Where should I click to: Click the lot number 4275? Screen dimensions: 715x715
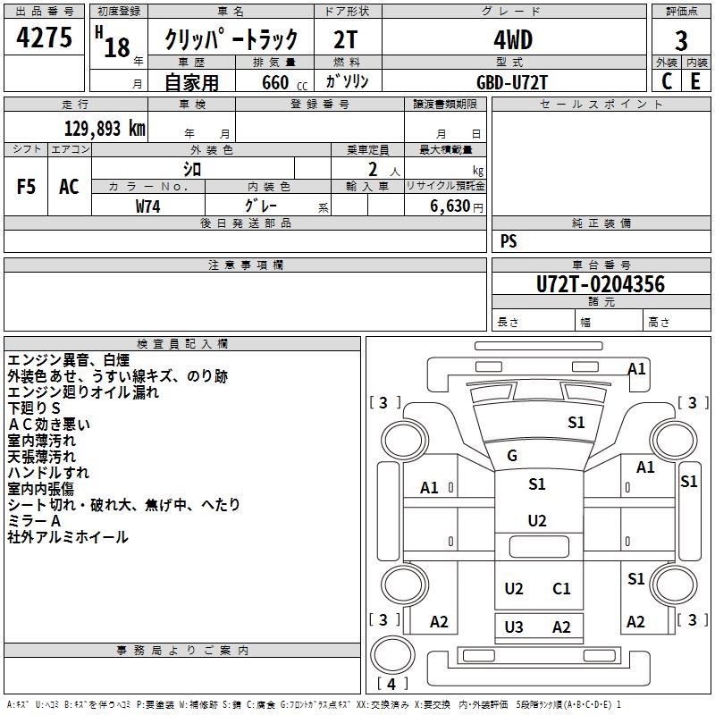click(x=45, y=38)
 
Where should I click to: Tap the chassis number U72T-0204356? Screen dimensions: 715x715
click(x=601, y=284)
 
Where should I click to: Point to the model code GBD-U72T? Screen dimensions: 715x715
click(x=512, y=81)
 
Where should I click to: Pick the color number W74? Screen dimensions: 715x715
click(x=148, y=206)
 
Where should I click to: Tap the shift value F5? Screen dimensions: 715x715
click(x=27, y=186)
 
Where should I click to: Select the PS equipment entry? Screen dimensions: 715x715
click(x=509, y=240)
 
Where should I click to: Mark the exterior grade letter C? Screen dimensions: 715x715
click(x=667, y=81)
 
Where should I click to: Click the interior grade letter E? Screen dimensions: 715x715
click(x=695, y=81)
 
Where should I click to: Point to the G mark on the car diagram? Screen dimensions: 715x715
click(x=512, y=456)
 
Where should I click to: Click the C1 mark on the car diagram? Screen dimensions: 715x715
click(x=561, y=588)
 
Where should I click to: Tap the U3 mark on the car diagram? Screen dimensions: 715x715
click(x=514, y=627)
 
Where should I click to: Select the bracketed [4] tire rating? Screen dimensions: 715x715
click(x=393, y=685)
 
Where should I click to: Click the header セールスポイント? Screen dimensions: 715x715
click(x=601, y=105)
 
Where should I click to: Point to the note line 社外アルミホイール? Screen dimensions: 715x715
click(x=68, y=537)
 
